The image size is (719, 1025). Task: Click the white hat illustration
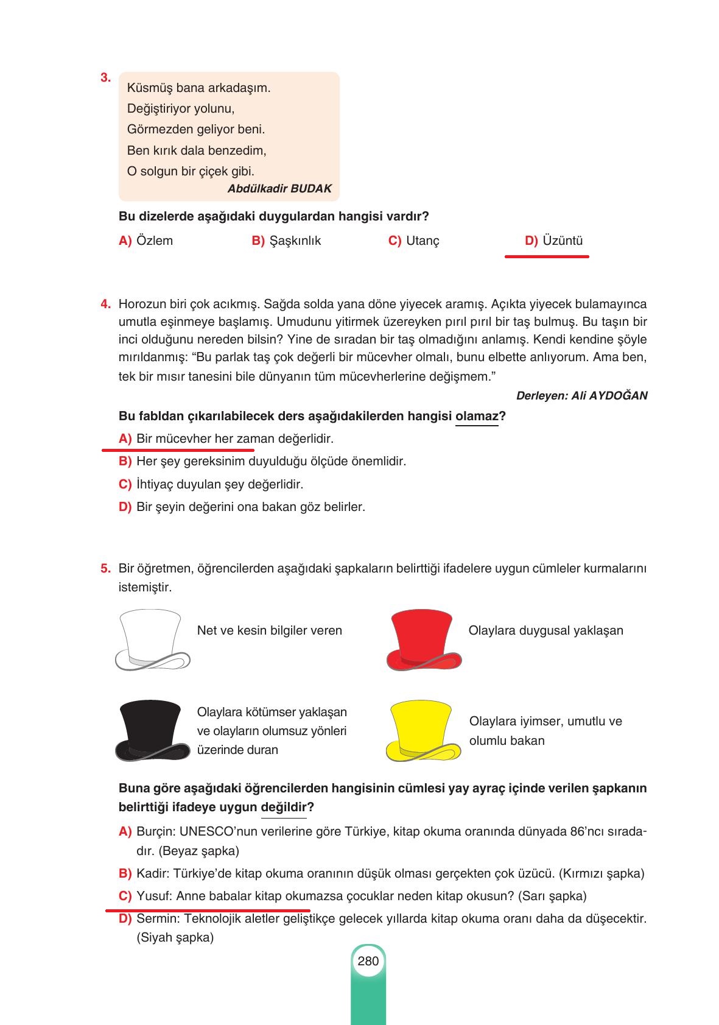pyautogui.click(x=152, y=640)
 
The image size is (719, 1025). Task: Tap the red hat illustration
pyautogui.click(x=424, y=640)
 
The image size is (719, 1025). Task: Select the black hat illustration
pyautogui.click(x=152, y=730)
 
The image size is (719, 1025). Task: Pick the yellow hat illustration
pyautogui.click(x=424, y=730)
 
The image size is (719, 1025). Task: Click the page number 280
pyautogui.click(x=368, y=961)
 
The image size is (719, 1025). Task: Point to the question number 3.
pyautogui.click(x=105, y=78)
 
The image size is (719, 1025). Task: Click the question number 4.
pyautogui.click(x=105, y=304)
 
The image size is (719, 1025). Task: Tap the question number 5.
pyautogui.click(x=105, y=569)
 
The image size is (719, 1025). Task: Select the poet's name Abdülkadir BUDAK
pyautogui.click(x=279, y=189)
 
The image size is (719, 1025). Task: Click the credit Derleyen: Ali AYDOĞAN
pyautogui.click(x=581, y=396)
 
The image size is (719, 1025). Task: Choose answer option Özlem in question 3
pyautogui.click(x=155, y=241)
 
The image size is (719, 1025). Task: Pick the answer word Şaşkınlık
pyautogui.click(x=295, y=241)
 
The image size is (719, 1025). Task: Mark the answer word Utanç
pyautogui.click(x=423, y=241)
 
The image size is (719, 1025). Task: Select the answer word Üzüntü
pyautogui.click(x=563, y=241)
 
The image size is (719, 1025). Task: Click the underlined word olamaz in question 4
pyautogui.click(x=477, y=417)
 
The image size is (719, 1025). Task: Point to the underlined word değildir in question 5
pyautogui.click(x=284, y=808)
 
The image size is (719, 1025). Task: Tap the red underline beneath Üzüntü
pyautogui.click(x=547, y=257)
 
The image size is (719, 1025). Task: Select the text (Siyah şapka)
pyautogui.click(x=175, y=937)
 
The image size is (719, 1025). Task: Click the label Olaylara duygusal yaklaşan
pyautogui.click(x=545, y=630)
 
